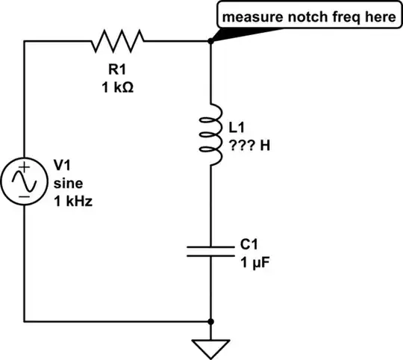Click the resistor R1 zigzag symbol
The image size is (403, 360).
(119, 43)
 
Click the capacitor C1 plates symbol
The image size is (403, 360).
(211, 249)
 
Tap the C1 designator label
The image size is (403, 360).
(249, 243)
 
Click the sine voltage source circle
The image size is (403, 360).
(25, 181)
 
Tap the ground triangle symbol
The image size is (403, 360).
(211, 347)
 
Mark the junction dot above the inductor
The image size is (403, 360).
(211, 43)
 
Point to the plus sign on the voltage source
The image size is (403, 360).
(25, 170)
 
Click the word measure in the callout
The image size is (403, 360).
(249, 16)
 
